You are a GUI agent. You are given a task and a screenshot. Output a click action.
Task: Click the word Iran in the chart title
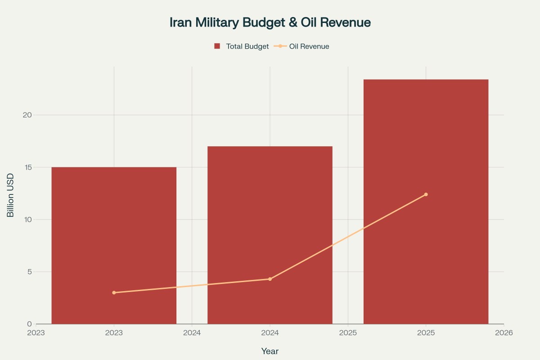click(181, 22)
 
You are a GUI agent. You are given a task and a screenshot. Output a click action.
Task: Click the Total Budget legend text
click(247, 46)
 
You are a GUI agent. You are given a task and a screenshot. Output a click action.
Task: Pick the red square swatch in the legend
click(217, 46)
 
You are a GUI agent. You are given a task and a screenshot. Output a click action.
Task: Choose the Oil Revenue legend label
click(309, 46)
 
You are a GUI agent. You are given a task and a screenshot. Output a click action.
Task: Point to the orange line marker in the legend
click(280, 46)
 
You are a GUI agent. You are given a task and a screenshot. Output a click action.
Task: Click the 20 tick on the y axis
click(27, 115)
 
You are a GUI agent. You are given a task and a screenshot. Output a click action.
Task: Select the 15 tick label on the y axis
click(27, 167)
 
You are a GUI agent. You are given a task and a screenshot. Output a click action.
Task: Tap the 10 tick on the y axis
click(27, 220)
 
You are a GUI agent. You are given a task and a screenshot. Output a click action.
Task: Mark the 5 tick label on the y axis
click(29, 272)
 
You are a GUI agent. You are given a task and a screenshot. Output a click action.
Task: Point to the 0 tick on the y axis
click(29, 324)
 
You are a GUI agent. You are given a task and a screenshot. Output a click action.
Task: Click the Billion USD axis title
click(11, 198)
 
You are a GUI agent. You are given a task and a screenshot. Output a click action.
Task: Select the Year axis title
click(270, 351)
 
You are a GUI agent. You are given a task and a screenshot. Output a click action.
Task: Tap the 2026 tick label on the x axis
click(504, 333)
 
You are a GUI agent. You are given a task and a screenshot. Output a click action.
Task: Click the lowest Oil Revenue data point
click(114, 292)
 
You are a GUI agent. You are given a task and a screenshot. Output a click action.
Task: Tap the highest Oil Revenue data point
click(426, 194)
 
